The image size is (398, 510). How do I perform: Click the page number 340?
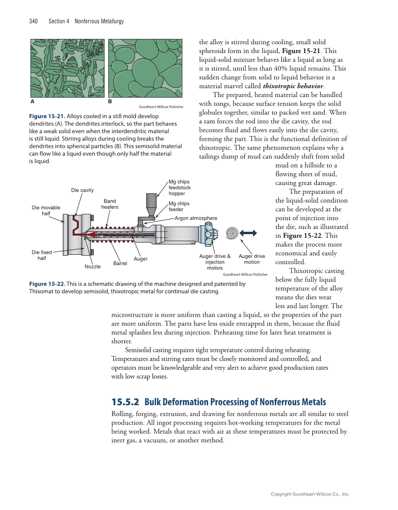click(33, 22)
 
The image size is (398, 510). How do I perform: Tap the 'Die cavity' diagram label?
click(83, 190)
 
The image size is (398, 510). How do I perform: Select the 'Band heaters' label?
click(110, 204)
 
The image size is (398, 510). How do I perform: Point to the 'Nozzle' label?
click(92, 266)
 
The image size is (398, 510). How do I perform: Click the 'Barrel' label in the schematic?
click(120, 264)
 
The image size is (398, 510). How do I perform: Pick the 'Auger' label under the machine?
click(141, 259)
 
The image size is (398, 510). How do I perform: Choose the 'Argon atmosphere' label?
click(196, 218)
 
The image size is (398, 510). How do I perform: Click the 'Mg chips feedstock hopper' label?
click(180, 187)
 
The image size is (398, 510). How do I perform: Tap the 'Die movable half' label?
click(46, 210)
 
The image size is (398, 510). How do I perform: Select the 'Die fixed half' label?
click(42, 255)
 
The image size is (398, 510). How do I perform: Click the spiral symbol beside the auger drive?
click(232, 233)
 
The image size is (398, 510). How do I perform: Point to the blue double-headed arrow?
click(248, 233)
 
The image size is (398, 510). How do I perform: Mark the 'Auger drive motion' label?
click(252, 259)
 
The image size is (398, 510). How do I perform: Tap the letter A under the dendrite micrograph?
click(32, 101)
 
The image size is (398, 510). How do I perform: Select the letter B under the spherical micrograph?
click(110, 101)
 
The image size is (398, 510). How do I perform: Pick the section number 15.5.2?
click(125, 402)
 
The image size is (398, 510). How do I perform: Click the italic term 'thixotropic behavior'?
click(293, 86)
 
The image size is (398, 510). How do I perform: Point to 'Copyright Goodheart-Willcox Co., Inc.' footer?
click(310, 494)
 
